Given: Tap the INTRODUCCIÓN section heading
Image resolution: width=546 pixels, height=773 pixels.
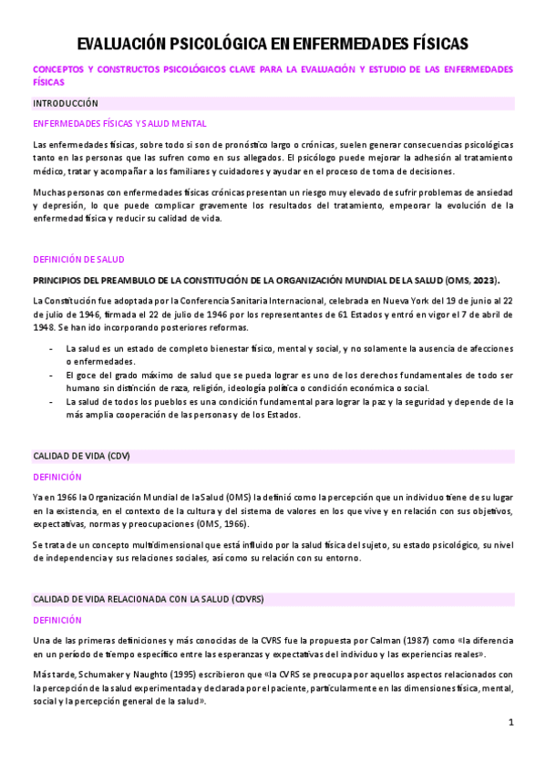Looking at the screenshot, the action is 66,103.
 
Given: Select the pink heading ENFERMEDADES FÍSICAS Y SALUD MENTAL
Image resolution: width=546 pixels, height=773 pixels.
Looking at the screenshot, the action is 119,123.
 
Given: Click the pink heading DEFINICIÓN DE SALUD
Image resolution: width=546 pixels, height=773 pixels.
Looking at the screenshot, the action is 78,259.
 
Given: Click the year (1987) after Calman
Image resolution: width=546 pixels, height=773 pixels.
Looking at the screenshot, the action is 384,641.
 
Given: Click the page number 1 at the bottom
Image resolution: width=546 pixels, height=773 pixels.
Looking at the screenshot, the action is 511,722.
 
